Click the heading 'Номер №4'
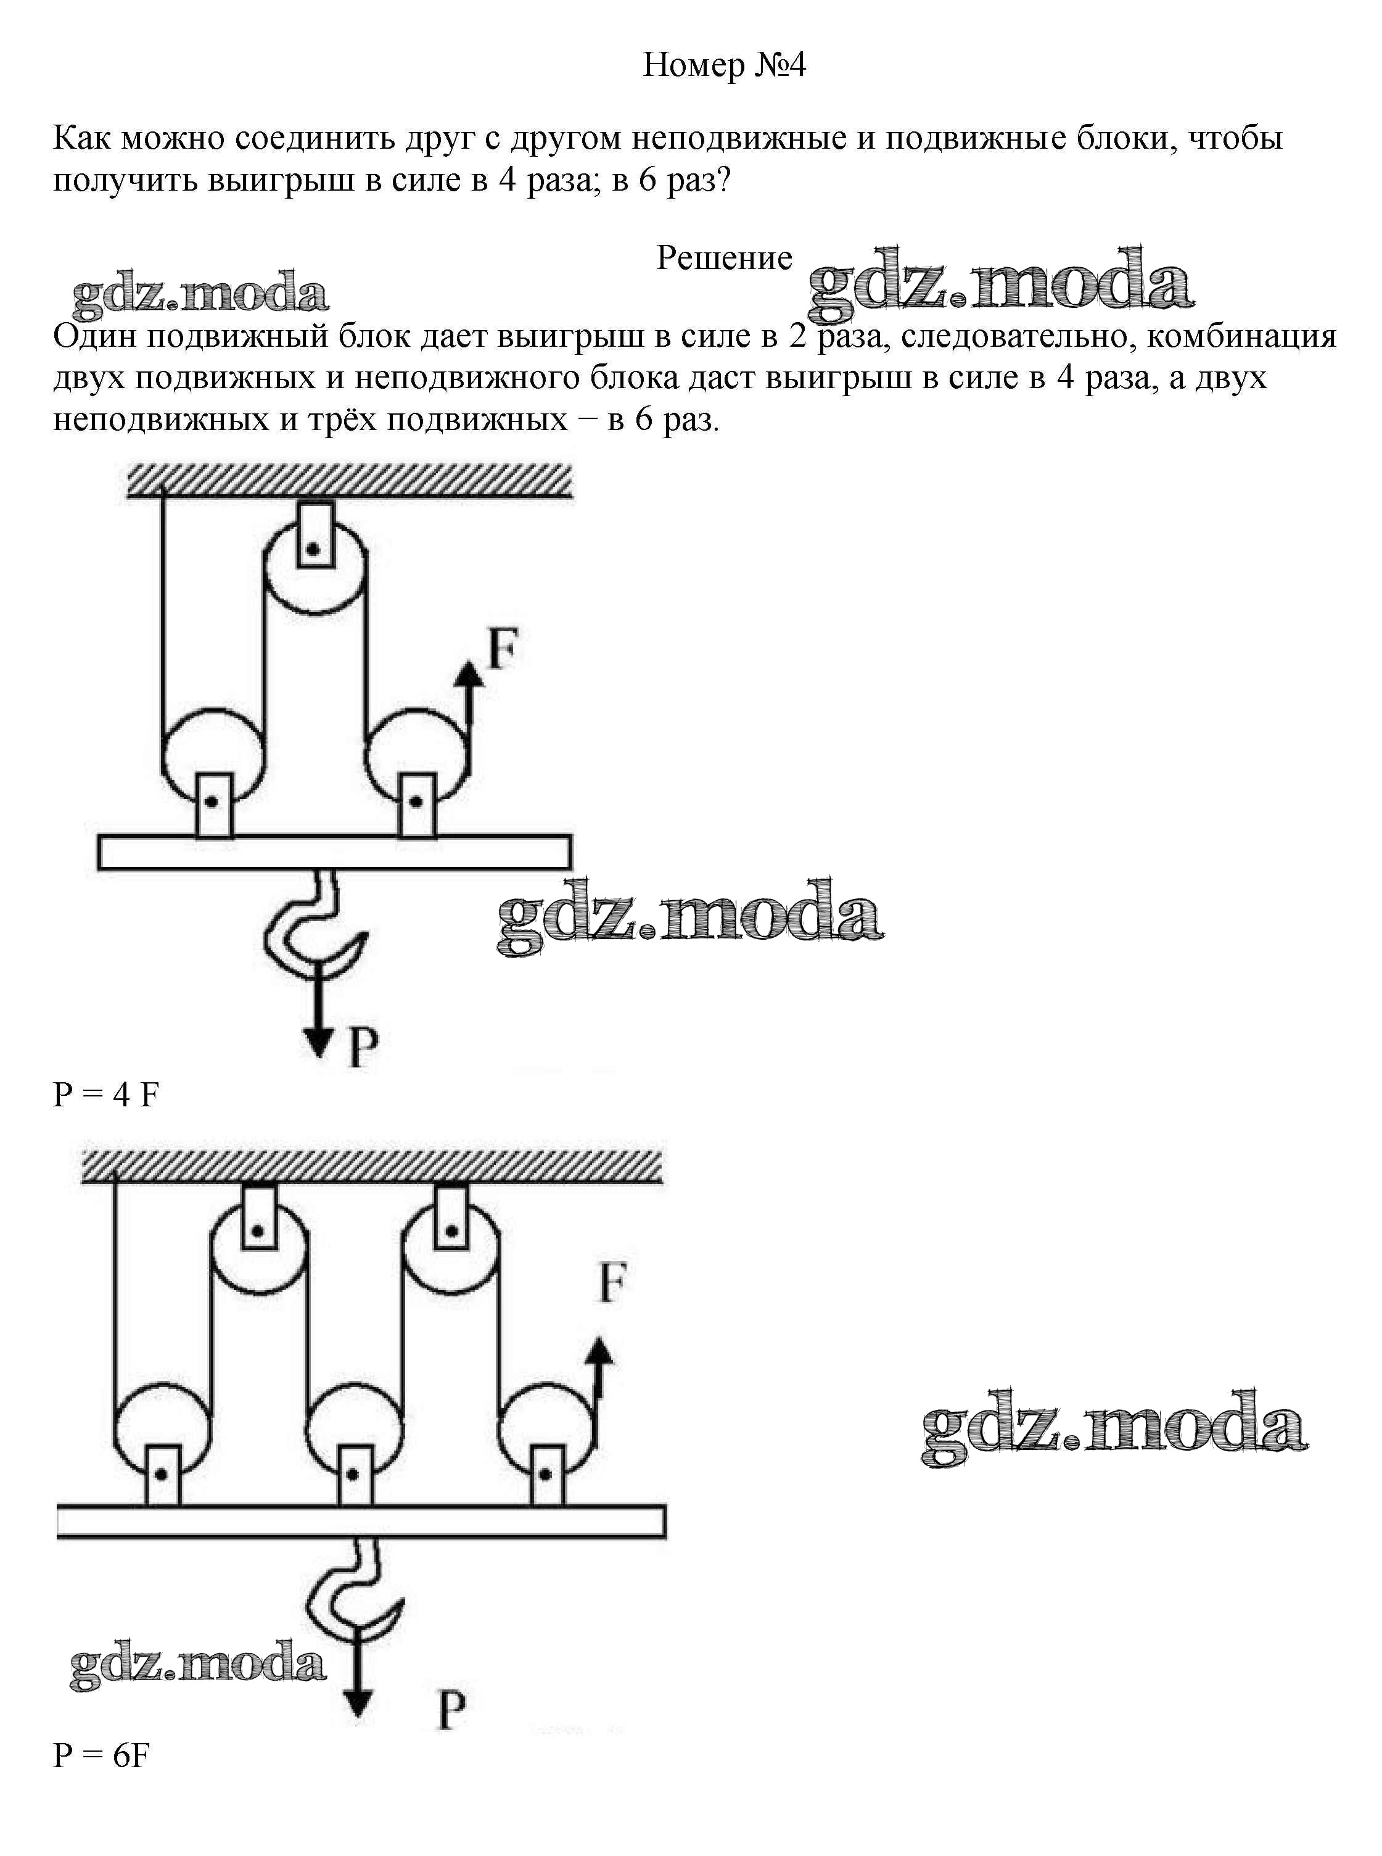[x=723, y=65]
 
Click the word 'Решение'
[x=723, y=258]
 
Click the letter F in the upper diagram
[x=503, y=648]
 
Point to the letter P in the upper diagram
[x=363, y=1047]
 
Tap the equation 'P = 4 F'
[x=105, y=1095]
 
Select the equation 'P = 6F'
[x=101, y=1755]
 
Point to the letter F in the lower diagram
[x=613, y=1283]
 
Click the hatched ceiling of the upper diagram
[x=350, y=481]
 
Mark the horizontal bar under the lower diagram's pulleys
[x=361, y=1522]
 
